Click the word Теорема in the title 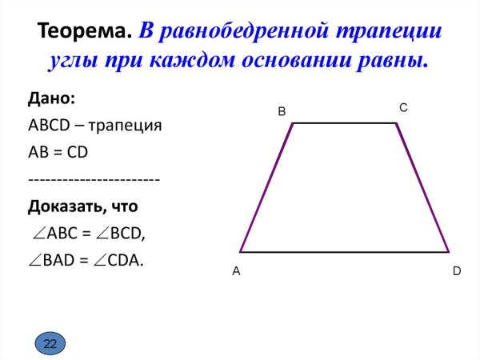(84, 32)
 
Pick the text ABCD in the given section (50, 126)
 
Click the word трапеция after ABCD (126, 126)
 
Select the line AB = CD (64, 152)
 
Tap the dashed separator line (94, 179)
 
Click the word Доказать (64, 206)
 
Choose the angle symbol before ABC (39, 234)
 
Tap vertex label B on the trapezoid (282, 112)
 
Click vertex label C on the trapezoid (403, 106)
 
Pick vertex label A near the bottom (236, 272)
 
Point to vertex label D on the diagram (457, 272)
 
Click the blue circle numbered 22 (50, 344)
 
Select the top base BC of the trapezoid (345, 123)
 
